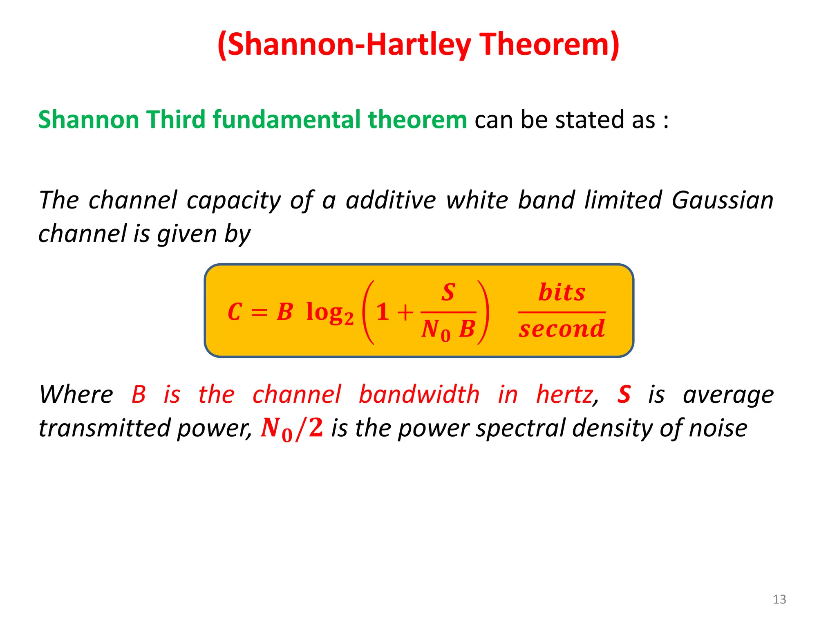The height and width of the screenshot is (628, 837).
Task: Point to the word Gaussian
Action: click(722, 200)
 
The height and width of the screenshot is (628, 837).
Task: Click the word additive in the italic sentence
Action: click(391, 200)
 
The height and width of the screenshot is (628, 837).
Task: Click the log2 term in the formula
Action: click(329, 313)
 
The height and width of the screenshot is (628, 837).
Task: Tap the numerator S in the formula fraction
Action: click(448, 292)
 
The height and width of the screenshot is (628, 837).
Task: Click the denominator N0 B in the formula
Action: click(448, 329)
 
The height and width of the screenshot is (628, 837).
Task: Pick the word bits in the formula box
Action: click(562, 292)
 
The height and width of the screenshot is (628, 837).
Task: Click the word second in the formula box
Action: click(562, 329)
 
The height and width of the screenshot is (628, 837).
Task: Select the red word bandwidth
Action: click(419, 395)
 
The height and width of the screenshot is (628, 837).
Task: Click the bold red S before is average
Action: click(624, 395)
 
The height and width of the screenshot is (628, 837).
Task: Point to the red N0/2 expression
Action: click(292, 428)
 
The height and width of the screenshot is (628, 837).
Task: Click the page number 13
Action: click(779, 599)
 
